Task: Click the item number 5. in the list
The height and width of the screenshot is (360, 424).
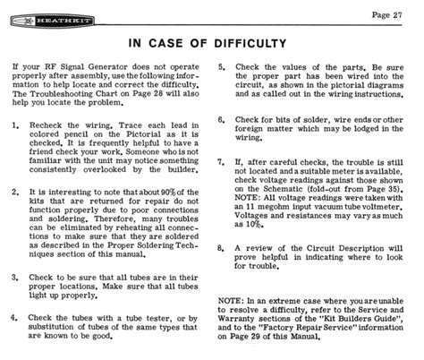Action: [x=222, y=67]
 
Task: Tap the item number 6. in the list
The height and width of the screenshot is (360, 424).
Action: [x=222, y=119]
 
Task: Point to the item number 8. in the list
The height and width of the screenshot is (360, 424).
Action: [x=222, y=246]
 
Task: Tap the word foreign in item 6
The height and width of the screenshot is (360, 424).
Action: [x=253, y=131]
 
